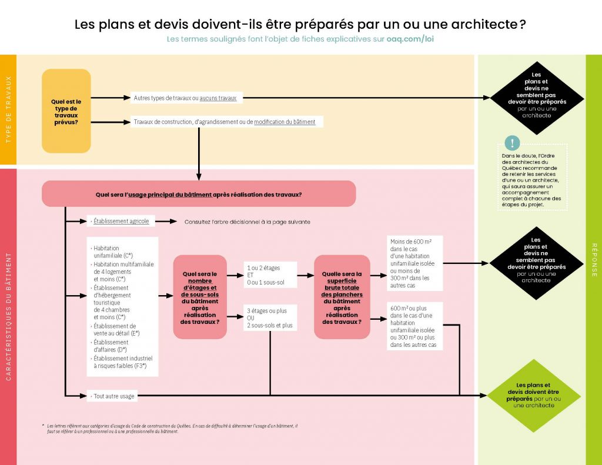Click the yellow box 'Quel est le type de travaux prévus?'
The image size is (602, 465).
[x=66, y=111]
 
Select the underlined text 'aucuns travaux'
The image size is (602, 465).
[x=218, y=98]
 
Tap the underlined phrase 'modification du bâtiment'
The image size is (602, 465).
[x=285, y=122]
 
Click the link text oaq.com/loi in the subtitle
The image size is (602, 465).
[x=410, y=39]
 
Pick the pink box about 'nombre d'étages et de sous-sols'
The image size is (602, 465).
[x=200, y=297]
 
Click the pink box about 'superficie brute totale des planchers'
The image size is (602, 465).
[x=342, y=297]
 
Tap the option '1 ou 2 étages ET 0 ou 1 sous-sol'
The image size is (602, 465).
[x=270, y=275]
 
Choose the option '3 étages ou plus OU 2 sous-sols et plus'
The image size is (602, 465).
[x=270, y=317]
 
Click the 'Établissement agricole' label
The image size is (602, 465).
[x=121, y=222]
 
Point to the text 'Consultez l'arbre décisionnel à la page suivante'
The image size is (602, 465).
[x=247, y=222]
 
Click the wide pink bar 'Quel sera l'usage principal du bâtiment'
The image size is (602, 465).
[x=199, y=193]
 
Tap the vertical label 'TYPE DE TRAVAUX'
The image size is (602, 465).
[x=8, y=109]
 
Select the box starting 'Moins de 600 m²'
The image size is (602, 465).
[x=415, y=263]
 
